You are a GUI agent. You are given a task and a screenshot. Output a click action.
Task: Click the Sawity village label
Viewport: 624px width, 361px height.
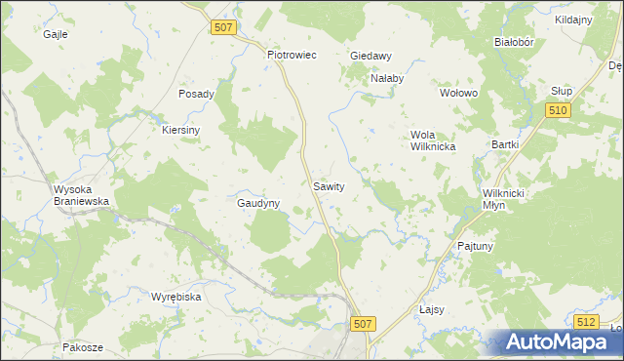coord(329,185)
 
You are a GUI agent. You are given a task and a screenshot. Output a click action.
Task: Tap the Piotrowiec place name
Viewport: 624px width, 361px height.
coord(292,56)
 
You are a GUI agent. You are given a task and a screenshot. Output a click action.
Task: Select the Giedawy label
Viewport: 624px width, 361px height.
coord(370,56)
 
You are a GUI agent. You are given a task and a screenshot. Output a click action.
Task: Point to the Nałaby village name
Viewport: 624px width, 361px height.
coord(386,78)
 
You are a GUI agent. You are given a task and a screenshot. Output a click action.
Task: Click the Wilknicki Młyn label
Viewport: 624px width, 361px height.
coord(504,199)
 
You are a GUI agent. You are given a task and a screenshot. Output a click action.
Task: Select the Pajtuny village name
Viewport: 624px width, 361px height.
coord(475,247)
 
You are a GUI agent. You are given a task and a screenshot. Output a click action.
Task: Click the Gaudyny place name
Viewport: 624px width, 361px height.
coord(258,204)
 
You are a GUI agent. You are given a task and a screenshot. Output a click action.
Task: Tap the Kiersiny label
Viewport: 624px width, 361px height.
coord(180,130)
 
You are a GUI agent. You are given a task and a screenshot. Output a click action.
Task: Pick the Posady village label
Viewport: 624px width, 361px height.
coord(196,94)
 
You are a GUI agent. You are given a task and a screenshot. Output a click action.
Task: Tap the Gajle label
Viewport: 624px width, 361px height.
coord(55,33)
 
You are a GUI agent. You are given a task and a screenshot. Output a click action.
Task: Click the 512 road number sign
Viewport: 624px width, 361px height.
coord(585,321)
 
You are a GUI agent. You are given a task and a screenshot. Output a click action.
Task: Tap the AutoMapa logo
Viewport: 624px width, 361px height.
coord(555,341)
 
